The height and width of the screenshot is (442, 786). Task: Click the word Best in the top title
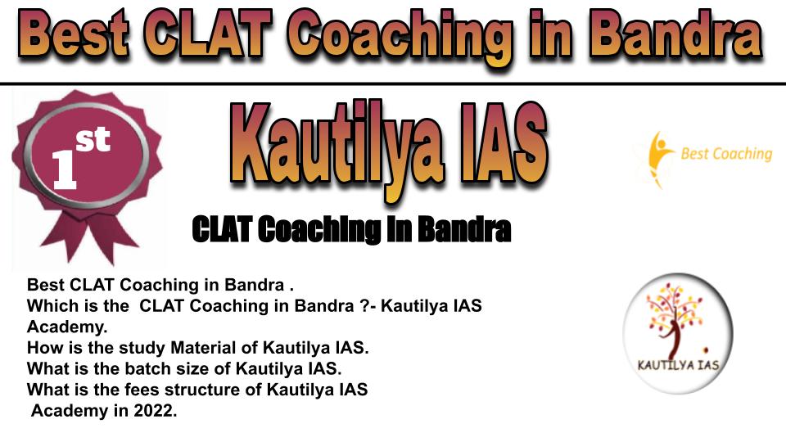click(75, 35)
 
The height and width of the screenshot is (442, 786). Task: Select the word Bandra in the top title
click(677, 35)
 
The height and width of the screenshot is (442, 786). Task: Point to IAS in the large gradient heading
click(504, 142)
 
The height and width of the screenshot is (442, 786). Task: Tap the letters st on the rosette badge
click(93, 139)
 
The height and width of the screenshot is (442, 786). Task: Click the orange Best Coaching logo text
click(727, 153)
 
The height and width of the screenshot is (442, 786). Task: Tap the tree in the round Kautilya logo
click(675, 320)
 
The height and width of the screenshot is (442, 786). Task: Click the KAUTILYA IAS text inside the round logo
click(678, 365)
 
